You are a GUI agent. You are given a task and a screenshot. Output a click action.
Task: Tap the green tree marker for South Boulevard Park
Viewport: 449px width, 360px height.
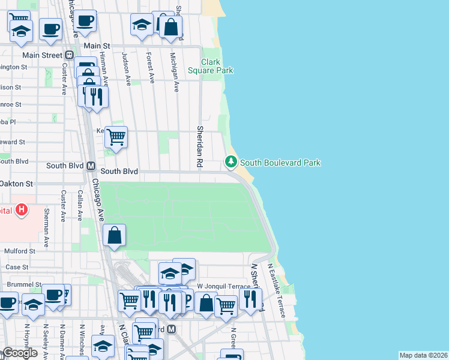click(x=231, y=162)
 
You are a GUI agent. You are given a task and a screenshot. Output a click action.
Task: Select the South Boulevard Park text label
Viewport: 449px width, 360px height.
click(x=280, y=163)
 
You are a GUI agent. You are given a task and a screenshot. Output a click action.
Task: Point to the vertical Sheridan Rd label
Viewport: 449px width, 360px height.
click(x=199, y=147)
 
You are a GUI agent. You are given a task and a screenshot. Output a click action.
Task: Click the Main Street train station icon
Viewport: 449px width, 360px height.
click(x=70, y=55)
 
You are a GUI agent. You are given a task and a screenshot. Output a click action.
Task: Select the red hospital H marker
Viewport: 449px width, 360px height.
click(x=22, y=210)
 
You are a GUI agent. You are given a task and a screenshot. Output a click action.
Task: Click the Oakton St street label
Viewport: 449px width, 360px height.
click(x=16, y=183)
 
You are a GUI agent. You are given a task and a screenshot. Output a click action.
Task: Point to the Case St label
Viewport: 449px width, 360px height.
click(x=17, y=267)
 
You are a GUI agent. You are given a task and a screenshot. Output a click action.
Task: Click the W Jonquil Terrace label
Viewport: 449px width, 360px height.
click(x=224, y=287)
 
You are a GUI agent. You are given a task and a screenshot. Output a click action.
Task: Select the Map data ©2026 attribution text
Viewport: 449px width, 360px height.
click(x=423, y=355)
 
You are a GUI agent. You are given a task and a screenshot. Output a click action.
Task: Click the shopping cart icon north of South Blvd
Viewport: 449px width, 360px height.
click(x=115, y=137)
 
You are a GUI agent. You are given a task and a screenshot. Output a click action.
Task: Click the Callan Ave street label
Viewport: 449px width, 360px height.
click(x=80, y=206)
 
